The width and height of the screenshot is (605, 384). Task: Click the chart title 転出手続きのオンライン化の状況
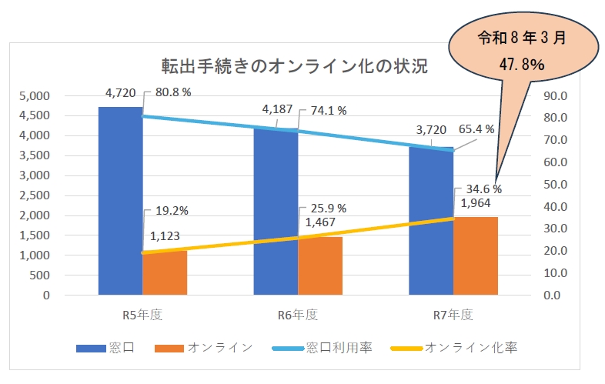click(294, 66)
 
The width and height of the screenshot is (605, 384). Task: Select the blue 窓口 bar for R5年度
click(120, 201)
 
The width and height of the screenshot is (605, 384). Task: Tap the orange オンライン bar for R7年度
click(476, 255)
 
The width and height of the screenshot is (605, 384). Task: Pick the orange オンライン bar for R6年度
click(320, 266)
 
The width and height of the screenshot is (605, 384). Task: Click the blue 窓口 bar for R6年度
click(276, 212)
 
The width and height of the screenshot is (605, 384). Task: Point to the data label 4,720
click(120, 93)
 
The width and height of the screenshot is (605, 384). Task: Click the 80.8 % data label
click(173, 92)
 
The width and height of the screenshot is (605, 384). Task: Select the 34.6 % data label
click(484, 189)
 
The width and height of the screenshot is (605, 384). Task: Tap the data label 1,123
click(165, 235)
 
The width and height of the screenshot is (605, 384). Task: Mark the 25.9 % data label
click(329, 209)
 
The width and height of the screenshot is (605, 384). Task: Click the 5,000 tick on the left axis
click(35, 96)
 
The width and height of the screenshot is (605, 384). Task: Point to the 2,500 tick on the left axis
click(35, 195)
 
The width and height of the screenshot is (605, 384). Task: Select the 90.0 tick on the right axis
click(556, 96)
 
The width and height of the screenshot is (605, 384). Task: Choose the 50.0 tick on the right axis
click(556, 185)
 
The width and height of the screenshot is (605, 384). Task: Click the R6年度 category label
click(298, 315)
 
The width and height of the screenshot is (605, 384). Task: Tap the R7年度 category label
click(453, 315)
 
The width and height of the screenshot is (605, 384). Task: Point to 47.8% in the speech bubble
click(522, 65)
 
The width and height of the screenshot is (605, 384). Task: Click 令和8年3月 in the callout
click(522, 38)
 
